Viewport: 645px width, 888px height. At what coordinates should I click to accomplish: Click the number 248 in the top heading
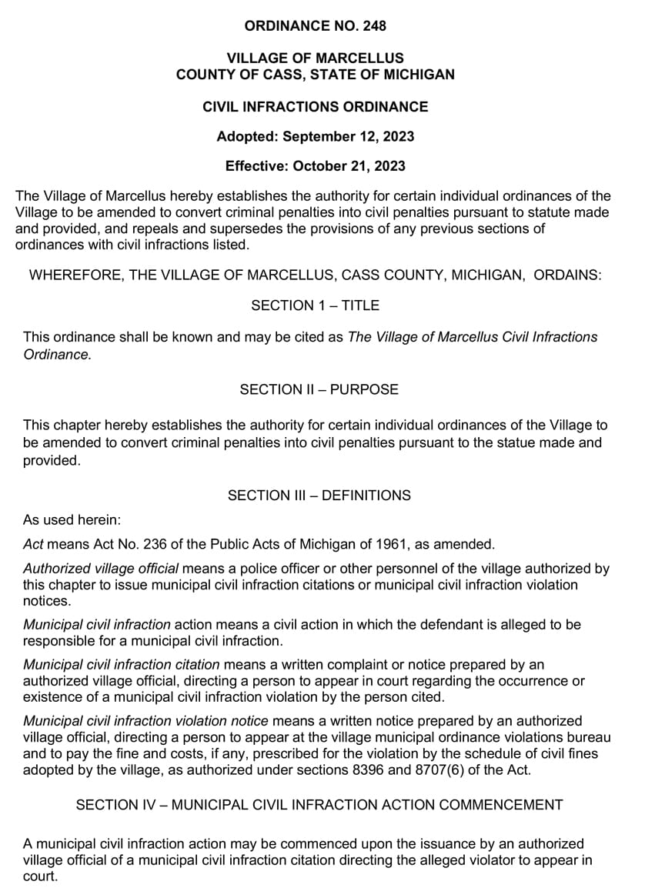point(373,26)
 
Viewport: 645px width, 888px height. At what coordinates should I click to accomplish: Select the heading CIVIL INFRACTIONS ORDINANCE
point(315,106)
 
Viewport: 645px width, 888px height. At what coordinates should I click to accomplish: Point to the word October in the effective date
point(318,165)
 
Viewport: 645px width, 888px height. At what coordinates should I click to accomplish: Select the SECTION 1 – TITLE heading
point(315,305)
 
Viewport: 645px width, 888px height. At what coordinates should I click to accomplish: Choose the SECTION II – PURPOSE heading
point(319,389)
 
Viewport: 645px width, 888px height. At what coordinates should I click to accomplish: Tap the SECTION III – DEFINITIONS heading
point(319,496)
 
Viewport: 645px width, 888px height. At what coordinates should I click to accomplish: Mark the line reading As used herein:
point(67,520)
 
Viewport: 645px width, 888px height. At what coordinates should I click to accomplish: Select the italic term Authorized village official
point(101,569)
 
